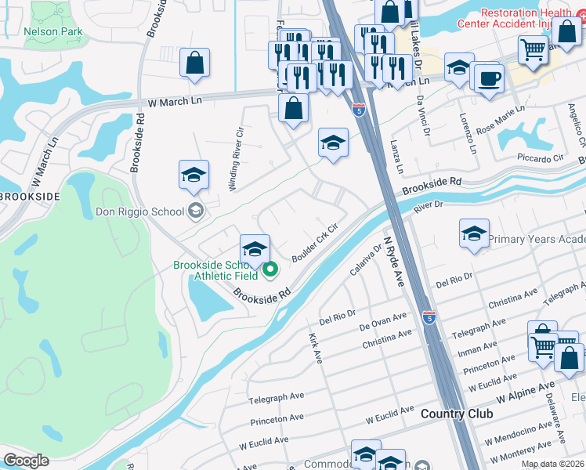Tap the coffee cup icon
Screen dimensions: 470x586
coord(490,79)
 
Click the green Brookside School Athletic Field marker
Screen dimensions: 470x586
coord(270,271)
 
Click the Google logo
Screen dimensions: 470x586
coord(27,461)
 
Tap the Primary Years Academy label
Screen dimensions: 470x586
coord(537,239)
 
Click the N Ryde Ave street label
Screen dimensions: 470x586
coord(393,264)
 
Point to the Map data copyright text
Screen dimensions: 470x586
coord(553,464)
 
